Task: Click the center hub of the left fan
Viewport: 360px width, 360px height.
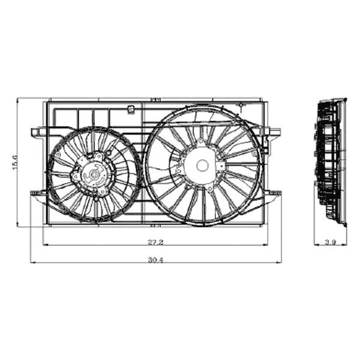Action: [94, 175]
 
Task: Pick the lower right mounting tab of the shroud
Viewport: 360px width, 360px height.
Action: [274, 193]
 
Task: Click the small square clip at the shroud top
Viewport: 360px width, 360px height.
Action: [131, 109]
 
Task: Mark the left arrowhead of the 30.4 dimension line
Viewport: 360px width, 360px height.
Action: [32, 262]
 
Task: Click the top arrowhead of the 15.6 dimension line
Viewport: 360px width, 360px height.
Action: [17, 100]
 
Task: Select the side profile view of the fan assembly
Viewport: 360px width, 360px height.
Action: [332, 162]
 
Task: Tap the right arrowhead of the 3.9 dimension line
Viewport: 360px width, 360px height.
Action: [346, 245]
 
